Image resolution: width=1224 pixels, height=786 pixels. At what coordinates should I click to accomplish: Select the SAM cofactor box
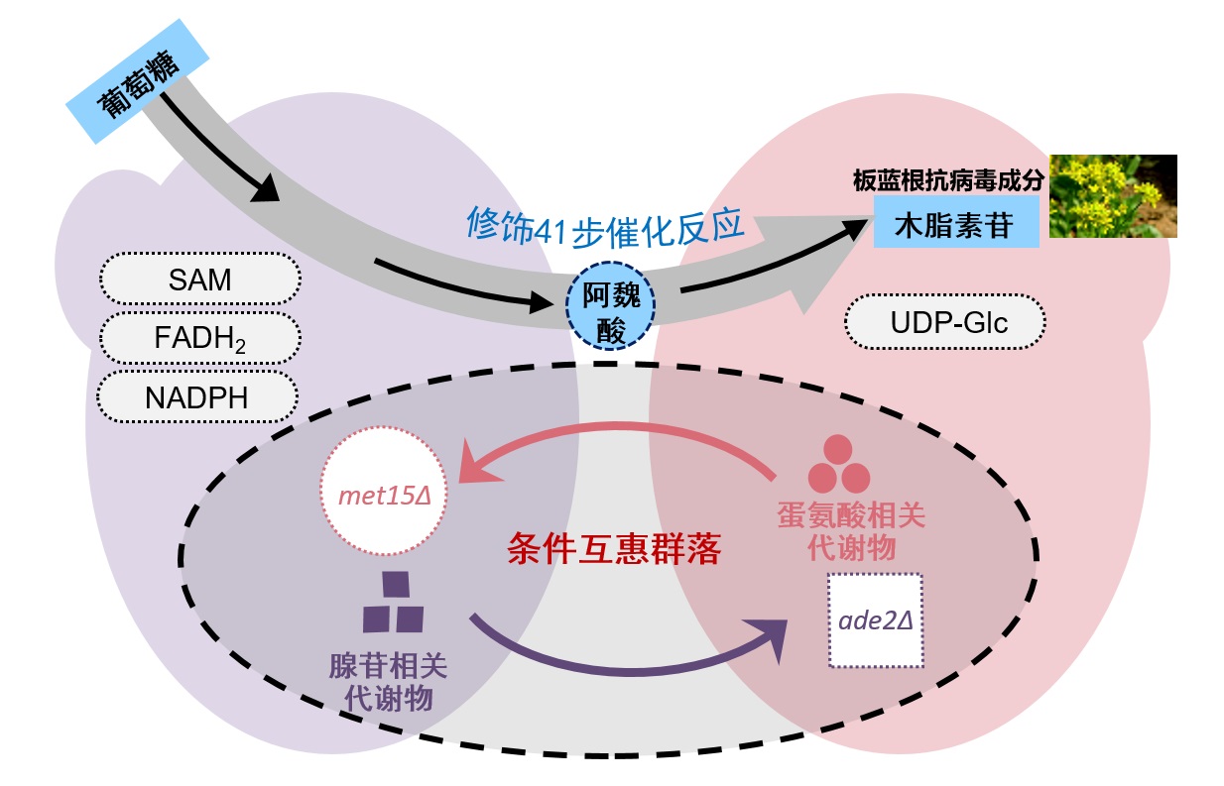click(199, 280)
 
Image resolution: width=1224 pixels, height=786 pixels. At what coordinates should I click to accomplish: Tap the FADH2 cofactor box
click(199, 338)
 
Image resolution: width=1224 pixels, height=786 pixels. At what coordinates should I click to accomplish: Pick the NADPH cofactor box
click(197, 396)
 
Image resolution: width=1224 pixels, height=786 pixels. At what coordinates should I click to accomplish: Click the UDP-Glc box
click(944, 321)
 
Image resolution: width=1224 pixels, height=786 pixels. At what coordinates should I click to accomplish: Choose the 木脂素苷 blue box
click(955, 222)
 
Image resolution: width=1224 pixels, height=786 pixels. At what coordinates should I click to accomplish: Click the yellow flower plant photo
click(1113, 194)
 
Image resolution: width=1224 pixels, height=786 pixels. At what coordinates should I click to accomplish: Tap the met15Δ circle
click(383, 492)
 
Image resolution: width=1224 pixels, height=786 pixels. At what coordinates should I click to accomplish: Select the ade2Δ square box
click(875, 620)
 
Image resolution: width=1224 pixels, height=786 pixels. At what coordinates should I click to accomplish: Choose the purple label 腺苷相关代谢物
click(388, 681)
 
